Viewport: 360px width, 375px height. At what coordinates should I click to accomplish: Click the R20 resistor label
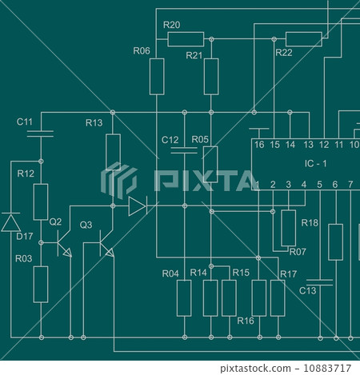[172, 25]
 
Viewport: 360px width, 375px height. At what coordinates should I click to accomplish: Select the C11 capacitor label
[25, 122]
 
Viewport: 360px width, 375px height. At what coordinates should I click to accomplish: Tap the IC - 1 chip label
[317, 164]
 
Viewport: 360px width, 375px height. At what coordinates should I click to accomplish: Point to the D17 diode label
[24, 236]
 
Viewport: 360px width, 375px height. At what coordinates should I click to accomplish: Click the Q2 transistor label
[55, 221]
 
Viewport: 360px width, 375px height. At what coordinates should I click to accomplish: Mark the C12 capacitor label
[170, 140]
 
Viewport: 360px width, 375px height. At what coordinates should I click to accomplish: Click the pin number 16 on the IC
[258, 145]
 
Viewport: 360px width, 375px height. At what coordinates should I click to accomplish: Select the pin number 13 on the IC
[308, 145]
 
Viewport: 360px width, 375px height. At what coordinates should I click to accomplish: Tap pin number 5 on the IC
[319, 185]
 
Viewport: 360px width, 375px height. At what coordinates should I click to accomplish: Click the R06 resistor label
[142, 50]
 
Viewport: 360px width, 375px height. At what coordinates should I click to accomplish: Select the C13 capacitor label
[308, 290]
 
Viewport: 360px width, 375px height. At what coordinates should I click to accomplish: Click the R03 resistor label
[24, 258]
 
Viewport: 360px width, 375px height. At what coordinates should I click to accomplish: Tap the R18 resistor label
[310, 222]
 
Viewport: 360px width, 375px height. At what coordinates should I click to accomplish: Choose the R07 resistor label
[297, 252]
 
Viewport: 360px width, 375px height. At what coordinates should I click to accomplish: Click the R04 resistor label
[170, 273]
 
